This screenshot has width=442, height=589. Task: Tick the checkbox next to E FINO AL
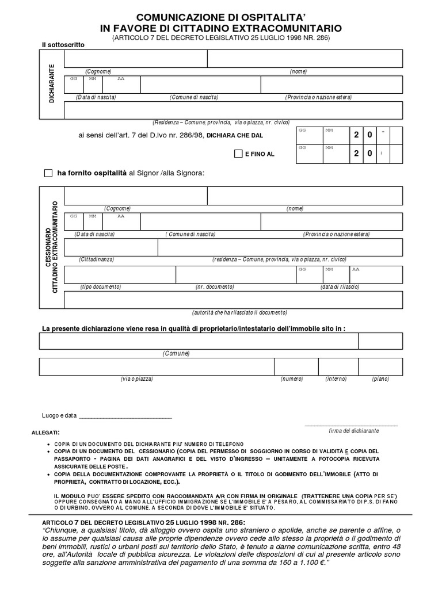(238, 154)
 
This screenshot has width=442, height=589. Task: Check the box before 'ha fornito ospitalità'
(48, 173)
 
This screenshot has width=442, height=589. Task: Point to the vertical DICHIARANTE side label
(52, 83)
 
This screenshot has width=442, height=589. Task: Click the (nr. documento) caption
(215, 286)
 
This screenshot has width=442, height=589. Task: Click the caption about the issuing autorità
(239, 312)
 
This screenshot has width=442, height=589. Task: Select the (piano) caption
(380, 379)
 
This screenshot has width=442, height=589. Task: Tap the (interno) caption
(336, 379)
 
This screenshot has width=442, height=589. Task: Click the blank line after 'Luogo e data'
(125, 416)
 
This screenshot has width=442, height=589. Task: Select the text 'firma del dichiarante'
(353, 431)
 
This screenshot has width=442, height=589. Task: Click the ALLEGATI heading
(45, 432)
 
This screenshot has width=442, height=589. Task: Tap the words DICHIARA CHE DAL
(238, 136)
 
